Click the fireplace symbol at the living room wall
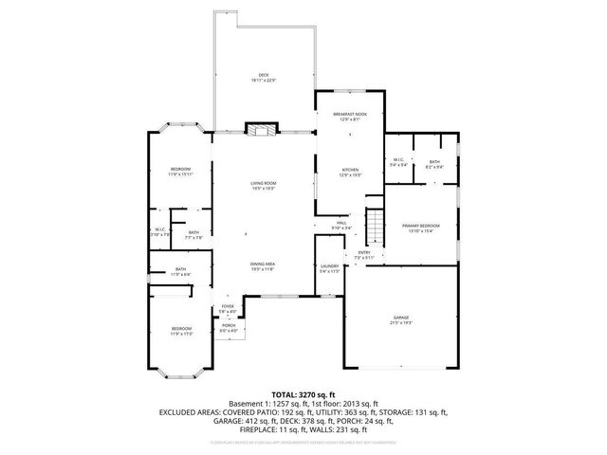click(258, 130)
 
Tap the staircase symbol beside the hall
click(376, 227)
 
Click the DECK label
click(264, 77)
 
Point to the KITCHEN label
click(350, 171)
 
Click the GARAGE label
click(401, 318)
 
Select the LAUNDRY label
click(329, 268)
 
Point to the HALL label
click(340, 224)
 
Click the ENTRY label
click(364, 253)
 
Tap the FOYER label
click(228, 307)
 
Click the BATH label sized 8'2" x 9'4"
click(433, 162)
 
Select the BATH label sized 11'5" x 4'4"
click(180, 270)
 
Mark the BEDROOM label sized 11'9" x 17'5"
click(180, 330)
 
